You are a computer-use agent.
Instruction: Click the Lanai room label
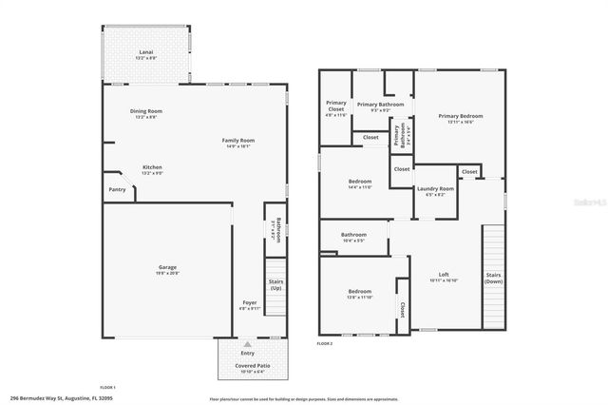click(146, 53)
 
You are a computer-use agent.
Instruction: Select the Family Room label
click(240, 142)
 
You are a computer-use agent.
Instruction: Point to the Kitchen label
click(152, 169)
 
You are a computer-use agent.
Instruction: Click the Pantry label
click(117, 189)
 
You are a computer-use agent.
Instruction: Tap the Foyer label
click(249, 303)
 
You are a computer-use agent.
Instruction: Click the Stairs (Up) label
click(275, 284)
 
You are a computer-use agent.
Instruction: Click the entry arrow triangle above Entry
click(247, 344)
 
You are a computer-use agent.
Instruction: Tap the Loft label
click(444, 276)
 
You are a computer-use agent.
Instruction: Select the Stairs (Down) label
click(493, 279)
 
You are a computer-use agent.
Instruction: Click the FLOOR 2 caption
click(324, 342)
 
